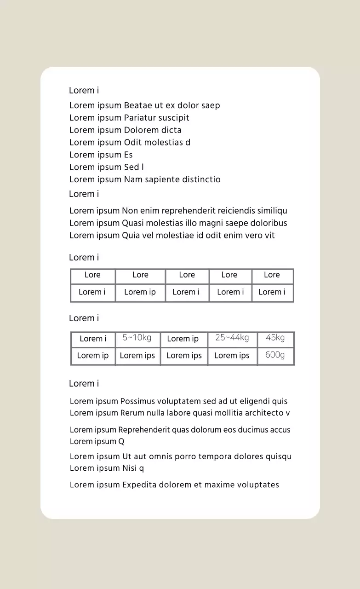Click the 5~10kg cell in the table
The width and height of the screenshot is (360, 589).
[x=137, y=338]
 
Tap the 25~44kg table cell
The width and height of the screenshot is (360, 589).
[x=232, y=338]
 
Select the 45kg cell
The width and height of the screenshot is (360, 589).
[x=275, y=338]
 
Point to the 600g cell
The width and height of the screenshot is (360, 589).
[x=275, y=355]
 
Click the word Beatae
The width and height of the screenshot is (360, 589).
[x=137, y=105]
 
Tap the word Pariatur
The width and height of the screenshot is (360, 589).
[x=140, y=118]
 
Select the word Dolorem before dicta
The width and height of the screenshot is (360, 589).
[x=141, y=130]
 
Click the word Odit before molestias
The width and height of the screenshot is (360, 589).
[x=133, y=143]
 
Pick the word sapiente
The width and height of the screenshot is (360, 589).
[x=164, y=179]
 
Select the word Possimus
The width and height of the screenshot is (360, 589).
[x=137, y=401]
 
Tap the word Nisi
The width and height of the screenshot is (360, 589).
[x=130, y=468]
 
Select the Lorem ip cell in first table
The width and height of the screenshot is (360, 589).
[x=140, y=292]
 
